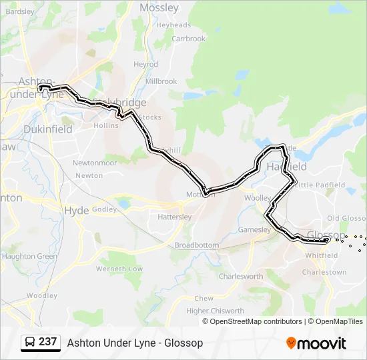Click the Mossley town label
[x=159, y=8]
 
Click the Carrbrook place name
[x=189, y=39]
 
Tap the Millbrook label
[x=161, y=81]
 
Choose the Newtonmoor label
[x=94, y=163]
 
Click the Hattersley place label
[x=174, y=217]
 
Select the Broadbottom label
[x=196, y=245]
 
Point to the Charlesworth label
[x=240, y=276]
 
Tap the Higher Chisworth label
[x=215, y=311]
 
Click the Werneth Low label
[x=119, y=269]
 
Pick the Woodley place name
[x=42, y=295]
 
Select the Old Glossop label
[x=346, y=219]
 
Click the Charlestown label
[x=324, y=272]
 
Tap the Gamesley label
[x=254, y=230]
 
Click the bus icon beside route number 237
[x=30, y=343]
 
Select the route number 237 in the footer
[x=47, y=342]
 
